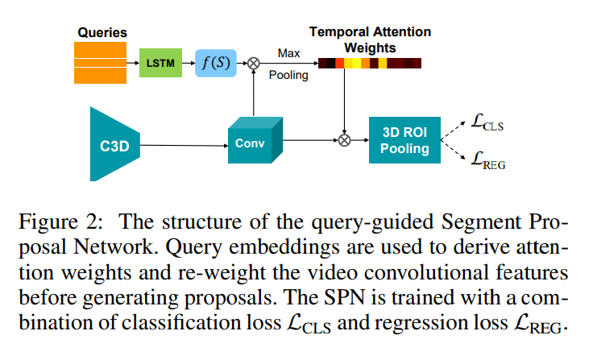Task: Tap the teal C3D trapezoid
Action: [x=114, y=146]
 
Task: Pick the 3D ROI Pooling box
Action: [x=404, y=140]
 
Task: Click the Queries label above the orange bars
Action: [x=102, y=33]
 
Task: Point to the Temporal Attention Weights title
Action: [x=370, y=39]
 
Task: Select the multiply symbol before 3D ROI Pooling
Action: [x=345, y=140]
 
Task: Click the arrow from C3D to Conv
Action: [x=185, y=146]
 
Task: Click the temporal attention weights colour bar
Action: [x=369, y=62]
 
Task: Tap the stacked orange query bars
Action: [x=101, y=62]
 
